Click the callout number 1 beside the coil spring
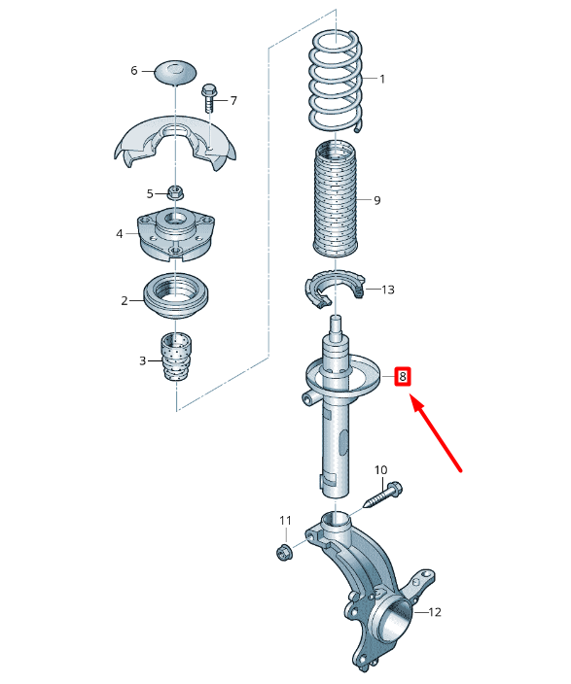pos(382,79)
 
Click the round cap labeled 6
pos(175,72)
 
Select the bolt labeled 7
pos(210,102)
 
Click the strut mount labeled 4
pos(175,236)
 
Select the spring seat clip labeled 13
pos(333,291)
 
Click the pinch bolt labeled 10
pos(382,495)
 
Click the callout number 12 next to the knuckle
pos(434,612)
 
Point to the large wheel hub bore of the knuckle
pos(394,619)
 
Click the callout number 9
pos(376,201)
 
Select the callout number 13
pos(387,290)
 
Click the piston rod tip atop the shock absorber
pos(336,324)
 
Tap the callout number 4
pos(120,234)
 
